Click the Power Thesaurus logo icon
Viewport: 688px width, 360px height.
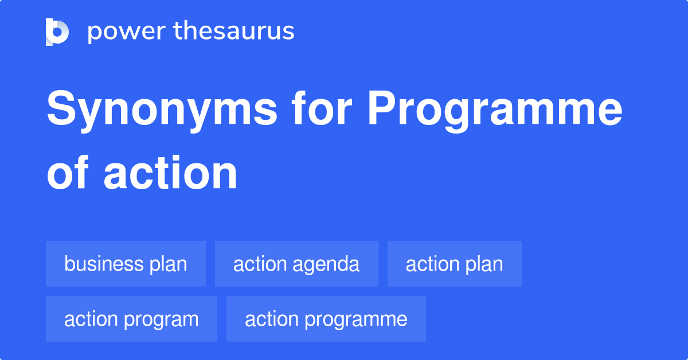(57, 32)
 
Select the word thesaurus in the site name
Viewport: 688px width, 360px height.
(234, 32)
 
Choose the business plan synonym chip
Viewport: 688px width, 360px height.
(126, 264)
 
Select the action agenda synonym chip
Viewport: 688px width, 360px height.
(296, 264)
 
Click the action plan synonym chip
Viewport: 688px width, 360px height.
(454, 264)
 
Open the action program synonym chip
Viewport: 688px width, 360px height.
(131, 319)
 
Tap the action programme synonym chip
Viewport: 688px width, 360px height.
(326, 319)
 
